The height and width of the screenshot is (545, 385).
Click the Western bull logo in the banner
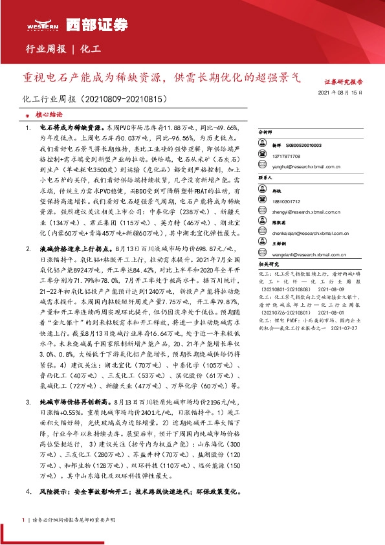coord(43,25)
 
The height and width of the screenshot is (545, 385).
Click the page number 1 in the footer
coord(23,520)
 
